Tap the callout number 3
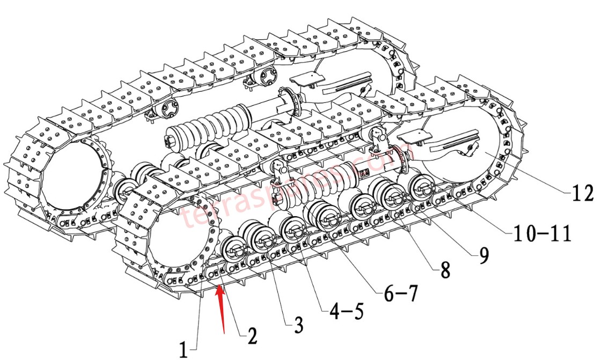pyautogui.click(x=298, y=325)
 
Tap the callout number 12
pyautogui.click(x=582, y=193)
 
